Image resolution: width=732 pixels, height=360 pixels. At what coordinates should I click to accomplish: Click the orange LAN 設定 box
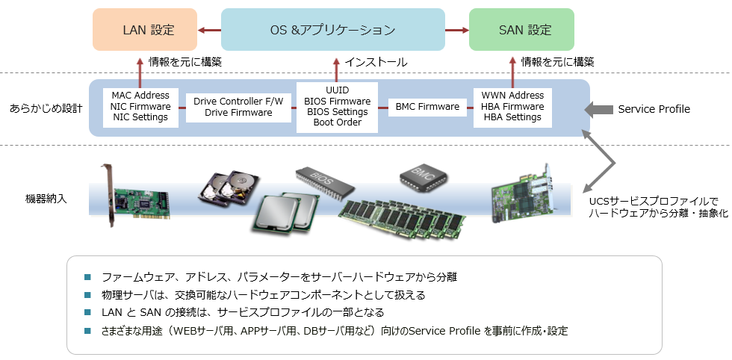[x=145, y=30]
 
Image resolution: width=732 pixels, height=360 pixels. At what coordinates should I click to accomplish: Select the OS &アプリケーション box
[x=332, y=30]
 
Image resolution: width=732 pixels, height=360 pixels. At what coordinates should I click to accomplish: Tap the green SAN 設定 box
[x=521, y=30]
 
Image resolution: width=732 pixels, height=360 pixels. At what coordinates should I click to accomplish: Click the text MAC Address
[x=140, y=96]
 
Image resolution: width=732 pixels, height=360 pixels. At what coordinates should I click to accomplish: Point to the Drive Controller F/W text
[x=238, y=101]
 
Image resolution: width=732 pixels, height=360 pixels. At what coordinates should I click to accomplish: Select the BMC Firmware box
[x=428, y=107]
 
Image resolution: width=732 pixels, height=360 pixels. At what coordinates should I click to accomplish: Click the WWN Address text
[x=512, y=96]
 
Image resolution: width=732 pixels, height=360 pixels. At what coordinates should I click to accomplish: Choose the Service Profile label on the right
[x=654, y=110]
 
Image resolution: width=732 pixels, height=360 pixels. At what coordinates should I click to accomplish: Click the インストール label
[x=375, y=62]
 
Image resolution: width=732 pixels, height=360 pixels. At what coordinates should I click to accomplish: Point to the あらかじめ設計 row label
[x=46, y=108]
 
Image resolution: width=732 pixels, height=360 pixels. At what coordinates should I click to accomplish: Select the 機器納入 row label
[x=46, y=199]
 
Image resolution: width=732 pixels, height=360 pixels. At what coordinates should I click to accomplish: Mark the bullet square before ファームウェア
[x=87, y=276]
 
